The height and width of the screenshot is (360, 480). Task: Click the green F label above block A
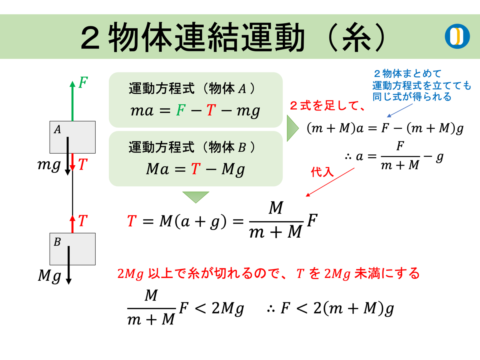(83, 83)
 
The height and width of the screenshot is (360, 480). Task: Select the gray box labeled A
(72, 137)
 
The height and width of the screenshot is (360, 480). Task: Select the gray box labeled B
(72, 249)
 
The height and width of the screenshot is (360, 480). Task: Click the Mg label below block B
(49, 276)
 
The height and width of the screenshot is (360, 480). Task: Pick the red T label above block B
(83, 221)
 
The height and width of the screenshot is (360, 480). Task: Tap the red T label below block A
(83, 165)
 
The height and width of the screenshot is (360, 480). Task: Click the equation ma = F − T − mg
(196, 111)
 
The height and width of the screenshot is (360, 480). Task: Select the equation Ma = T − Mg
(195, 170)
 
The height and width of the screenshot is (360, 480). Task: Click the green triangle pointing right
(292, 128)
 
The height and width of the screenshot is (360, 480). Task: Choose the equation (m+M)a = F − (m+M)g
(385, 128)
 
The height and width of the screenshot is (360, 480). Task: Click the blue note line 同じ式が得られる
(412, 97)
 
